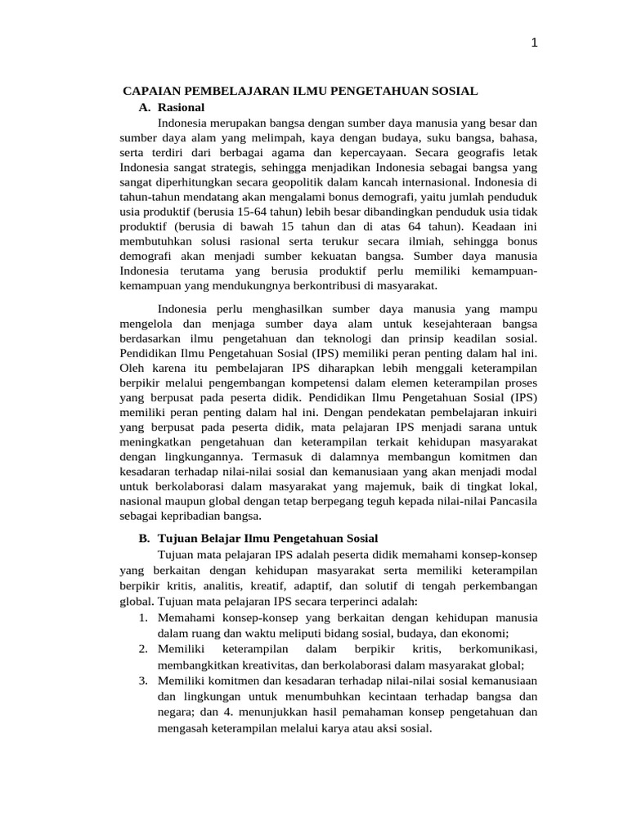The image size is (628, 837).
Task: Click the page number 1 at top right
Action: pos(533,44)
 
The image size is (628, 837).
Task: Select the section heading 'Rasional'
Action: pos(181,107)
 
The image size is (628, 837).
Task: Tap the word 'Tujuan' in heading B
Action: pos(177,539)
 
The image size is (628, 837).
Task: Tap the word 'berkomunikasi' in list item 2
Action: pos(499,648)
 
